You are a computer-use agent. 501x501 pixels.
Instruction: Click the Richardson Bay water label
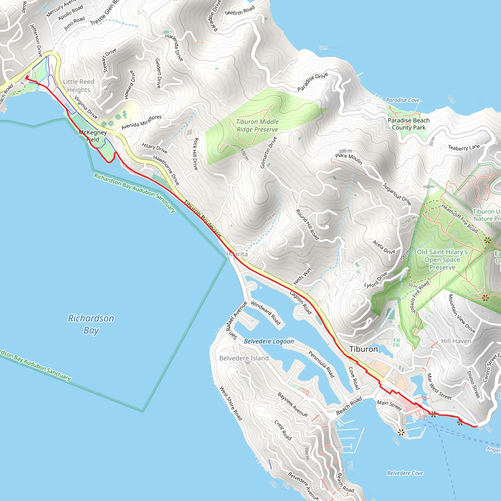point(91,324)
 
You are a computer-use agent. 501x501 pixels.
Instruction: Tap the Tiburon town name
point(364,349)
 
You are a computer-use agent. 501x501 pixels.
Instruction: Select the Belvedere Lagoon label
point(269,341)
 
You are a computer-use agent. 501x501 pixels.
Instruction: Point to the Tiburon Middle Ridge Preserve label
point(257,125)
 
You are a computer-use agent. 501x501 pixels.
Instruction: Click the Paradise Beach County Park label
point(409,124)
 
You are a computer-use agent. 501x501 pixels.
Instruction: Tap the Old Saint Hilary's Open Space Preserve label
point(442,260)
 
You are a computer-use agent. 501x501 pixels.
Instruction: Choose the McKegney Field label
point(93,136)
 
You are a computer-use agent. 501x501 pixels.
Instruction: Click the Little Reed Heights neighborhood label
point(79,86)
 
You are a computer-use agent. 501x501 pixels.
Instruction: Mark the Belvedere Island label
point(244,358)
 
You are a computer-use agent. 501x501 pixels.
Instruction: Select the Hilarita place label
point(237,254)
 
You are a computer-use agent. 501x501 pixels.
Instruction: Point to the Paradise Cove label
point(403,100)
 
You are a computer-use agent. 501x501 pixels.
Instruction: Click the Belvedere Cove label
point(405,473)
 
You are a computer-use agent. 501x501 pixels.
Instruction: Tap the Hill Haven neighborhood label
point(456,341)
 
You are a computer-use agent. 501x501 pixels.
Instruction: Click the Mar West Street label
point(439,386)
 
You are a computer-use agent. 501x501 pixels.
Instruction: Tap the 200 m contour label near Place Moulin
point(345,151)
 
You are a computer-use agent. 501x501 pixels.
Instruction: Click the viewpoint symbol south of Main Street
point(401,432)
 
